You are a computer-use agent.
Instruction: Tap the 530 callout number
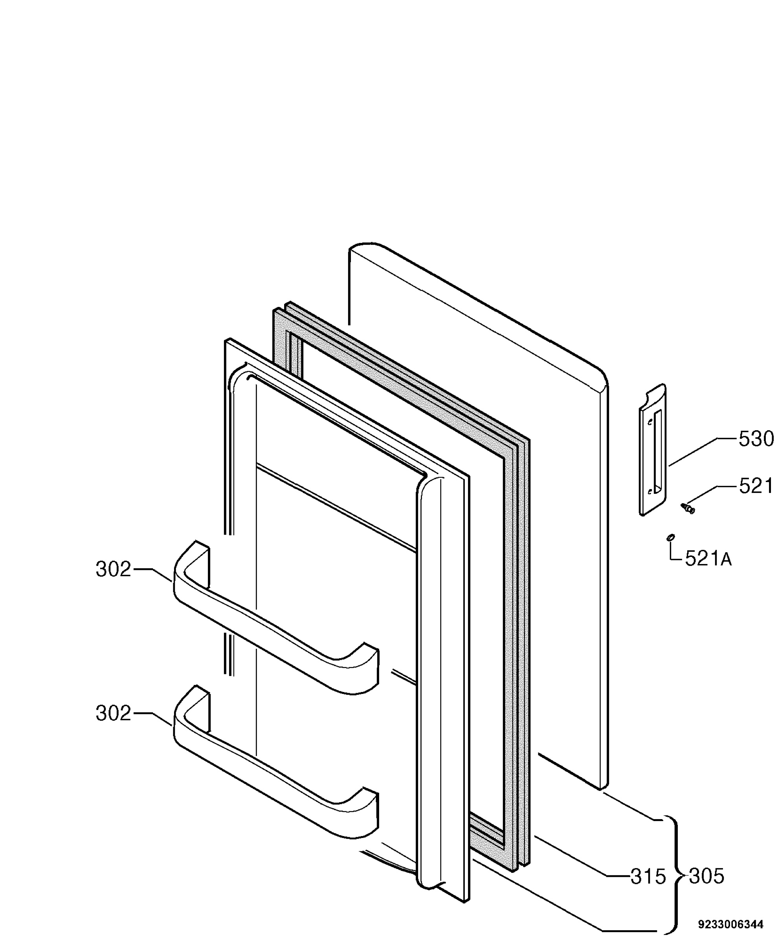point(756,439)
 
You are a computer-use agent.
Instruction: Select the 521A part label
point(708,559)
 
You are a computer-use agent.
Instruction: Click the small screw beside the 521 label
point(688,508)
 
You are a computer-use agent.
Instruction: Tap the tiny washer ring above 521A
point(671,538)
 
